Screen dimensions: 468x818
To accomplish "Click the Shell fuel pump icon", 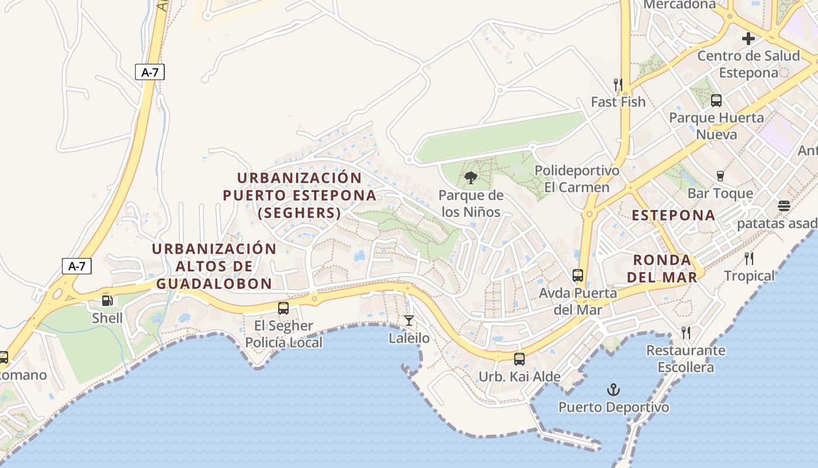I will tap(108, 301).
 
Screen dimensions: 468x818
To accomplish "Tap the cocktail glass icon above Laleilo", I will tap(409, 320).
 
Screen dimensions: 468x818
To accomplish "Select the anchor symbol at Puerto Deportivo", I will tap(613, 389).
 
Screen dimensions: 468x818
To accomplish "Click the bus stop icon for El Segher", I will tap(283, 308).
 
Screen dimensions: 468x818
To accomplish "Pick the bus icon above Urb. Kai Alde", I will tap(519, 359).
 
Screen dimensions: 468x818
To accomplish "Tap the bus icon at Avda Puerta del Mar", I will tap(578, 275).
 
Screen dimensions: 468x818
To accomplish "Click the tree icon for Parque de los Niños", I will tap(470, 178).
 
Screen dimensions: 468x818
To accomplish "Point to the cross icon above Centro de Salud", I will tap(748, 39).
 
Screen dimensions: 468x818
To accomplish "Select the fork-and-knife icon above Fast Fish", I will tap(618, 84).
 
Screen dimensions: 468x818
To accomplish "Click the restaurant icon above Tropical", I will tap(749, 258).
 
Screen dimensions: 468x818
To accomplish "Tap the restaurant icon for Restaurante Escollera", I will tap(686, 333).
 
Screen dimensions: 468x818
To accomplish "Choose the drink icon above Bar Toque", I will tap(720, 175).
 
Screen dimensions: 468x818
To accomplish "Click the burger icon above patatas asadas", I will tap(784, 206).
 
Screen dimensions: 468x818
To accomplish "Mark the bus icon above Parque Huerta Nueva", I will tap(716, 100).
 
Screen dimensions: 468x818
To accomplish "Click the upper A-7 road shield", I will tap(150, 73).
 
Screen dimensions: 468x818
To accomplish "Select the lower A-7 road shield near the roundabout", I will tap(77, 266).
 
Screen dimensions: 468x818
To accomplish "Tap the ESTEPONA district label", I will tap(674, 215).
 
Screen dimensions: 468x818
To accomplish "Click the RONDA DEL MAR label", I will tap(662, 269).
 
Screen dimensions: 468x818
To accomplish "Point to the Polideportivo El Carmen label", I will tap(577, 179).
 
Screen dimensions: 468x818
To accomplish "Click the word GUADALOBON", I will tap(214, 284).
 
